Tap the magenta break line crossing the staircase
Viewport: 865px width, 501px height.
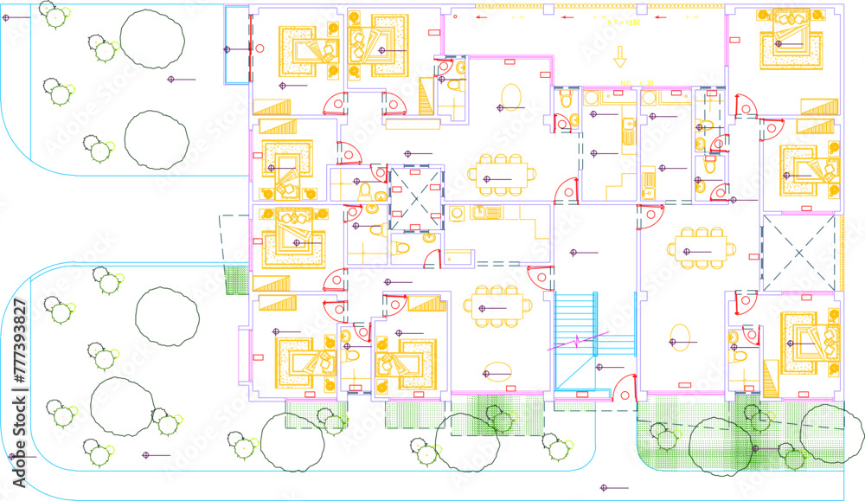coord(575,341)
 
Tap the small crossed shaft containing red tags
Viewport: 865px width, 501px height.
coord(416,196)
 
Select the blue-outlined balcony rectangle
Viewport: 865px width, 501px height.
coord(236,45)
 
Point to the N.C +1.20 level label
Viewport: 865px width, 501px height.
coord(628,84)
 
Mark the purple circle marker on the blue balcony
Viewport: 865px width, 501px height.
coord(227,49)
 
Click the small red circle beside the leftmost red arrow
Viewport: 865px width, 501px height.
coord(455,15)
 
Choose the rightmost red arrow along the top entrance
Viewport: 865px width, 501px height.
coord(659,16)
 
